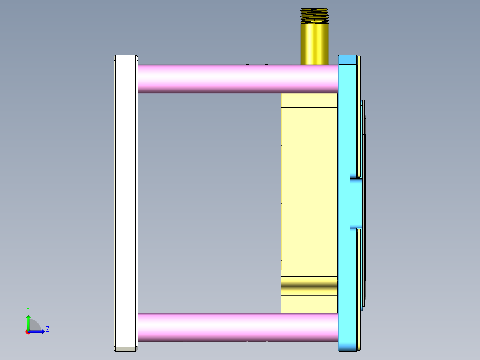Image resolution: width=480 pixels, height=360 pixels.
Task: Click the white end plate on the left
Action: point(125,200)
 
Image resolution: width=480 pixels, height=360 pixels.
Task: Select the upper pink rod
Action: point(236,79)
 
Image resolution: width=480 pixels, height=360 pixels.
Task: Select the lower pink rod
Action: point(236,327)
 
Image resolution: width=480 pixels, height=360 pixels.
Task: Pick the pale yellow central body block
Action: point(309,192)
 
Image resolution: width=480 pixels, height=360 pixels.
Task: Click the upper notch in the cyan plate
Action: point(354,176)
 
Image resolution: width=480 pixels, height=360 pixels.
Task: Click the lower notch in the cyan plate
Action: point(354,229)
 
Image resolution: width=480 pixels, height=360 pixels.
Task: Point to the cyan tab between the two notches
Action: point(356,203)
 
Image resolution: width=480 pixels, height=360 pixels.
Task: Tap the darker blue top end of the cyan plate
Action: point(348,59)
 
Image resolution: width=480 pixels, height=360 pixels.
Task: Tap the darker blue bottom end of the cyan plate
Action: point(348,346)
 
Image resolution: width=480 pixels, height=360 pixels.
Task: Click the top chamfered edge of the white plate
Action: point(126,57)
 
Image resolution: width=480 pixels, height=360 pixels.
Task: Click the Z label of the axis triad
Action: point(47,329)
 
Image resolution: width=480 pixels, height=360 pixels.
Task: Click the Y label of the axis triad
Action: point(28,309)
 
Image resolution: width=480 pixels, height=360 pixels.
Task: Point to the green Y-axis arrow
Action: point(28,322)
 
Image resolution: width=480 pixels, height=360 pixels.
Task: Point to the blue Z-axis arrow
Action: point(38,331)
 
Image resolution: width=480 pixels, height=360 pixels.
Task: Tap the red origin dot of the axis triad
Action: point(28,332)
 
